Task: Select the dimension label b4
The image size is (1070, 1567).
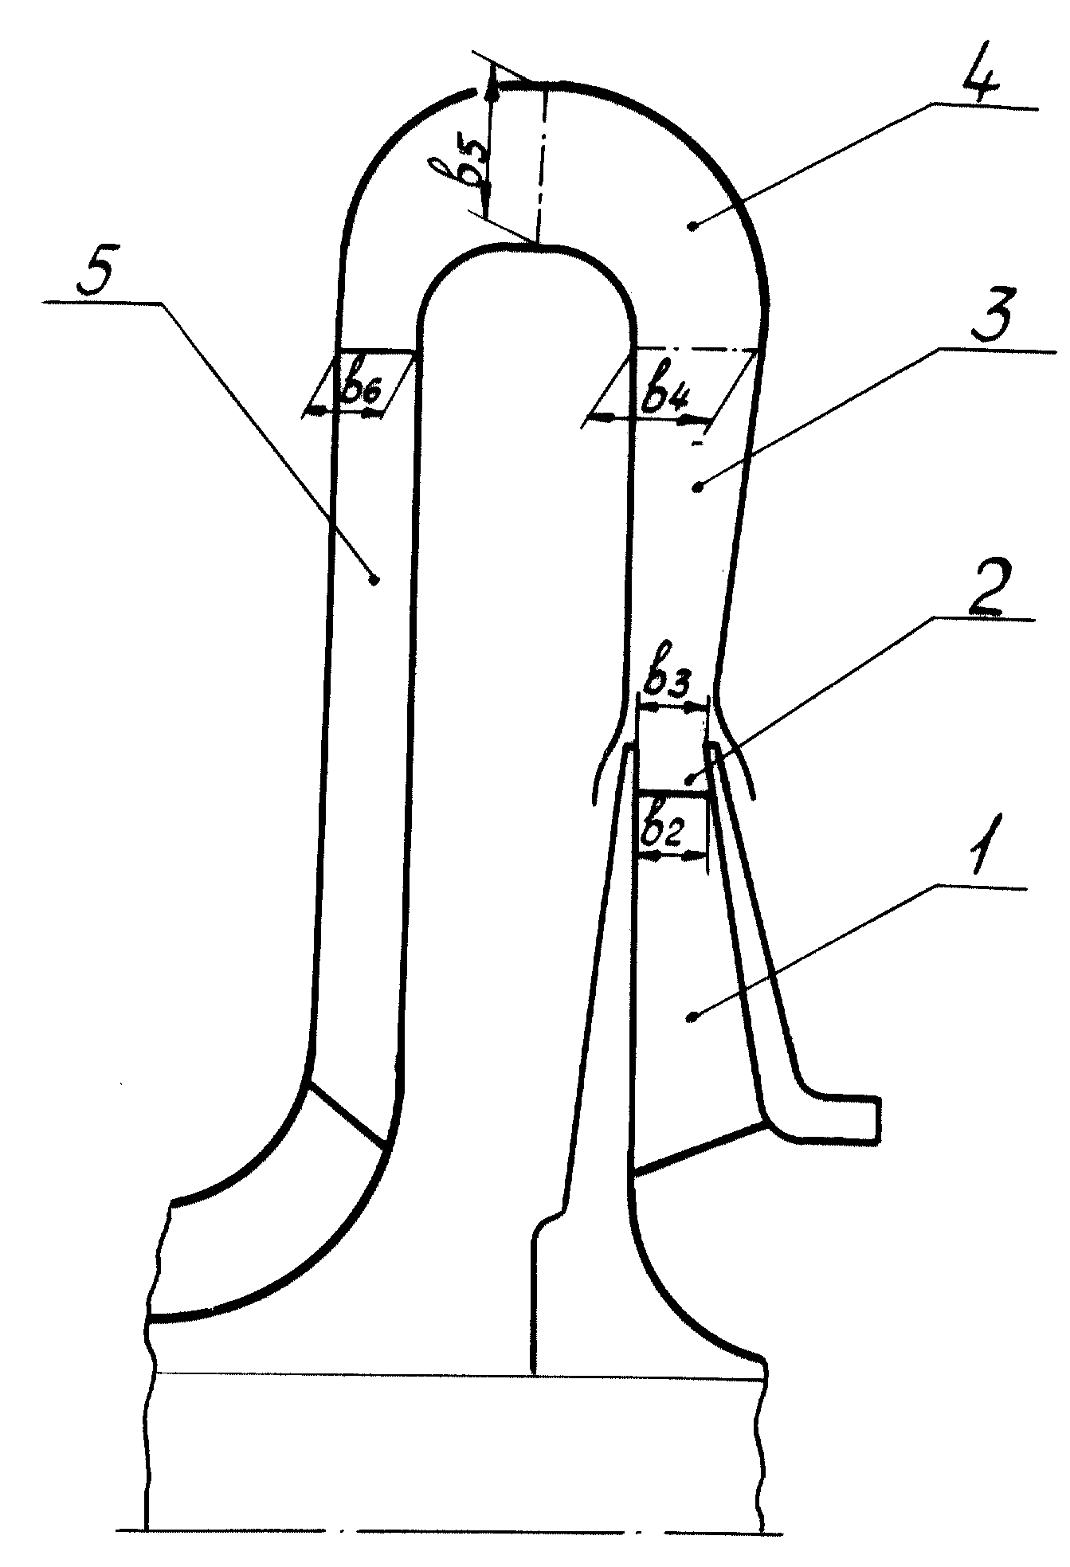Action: tap(666, 394)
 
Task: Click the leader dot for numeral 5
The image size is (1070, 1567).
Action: tap(374, 579)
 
